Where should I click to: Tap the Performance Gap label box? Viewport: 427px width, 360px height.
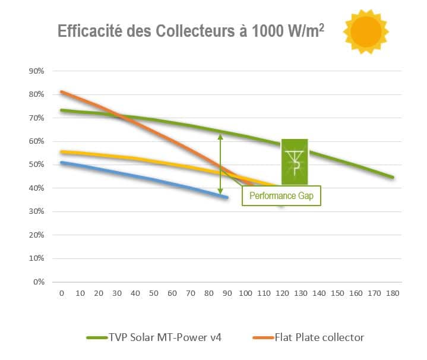pyautogui.click(x=281, y=195)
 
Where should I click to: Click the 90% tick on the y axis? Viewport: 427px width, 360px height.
pyautogui.click(x=37, y=71)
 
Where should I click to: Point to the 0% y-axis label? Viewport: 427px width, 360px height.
pyautogui.click(x=39, y=282)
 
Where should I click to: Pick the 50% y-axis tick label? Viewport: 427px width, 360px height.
pyautogui.click(x=37, y=165)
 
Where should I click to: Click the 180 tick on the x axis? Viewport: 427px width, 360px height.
pyautogui.click(x=392, y=294)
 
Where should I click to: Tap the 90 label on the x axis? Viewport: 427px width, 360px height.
pyautogui.click(x=226, y=294)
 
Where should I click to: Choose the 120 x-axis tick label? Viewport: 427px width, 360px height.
pyautogui.click(x=281, y=294)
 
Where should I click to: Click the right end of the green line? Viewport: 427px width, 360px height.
pyautogui.click(x=393, y=177)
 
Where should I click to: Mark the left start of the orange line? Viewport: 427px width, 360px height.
pyautogui.click(x=61, y=92)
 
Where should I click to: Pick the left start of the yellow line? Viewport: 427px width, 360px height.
pyautogui.click(x=61, y=151)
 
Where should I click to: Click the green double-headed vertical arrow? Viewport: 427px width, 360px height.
pyautogui.click(x=221, y=164)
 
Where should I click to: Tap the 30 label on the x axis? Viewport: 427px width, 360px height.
pyautogui.click(x=116, y=294)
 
